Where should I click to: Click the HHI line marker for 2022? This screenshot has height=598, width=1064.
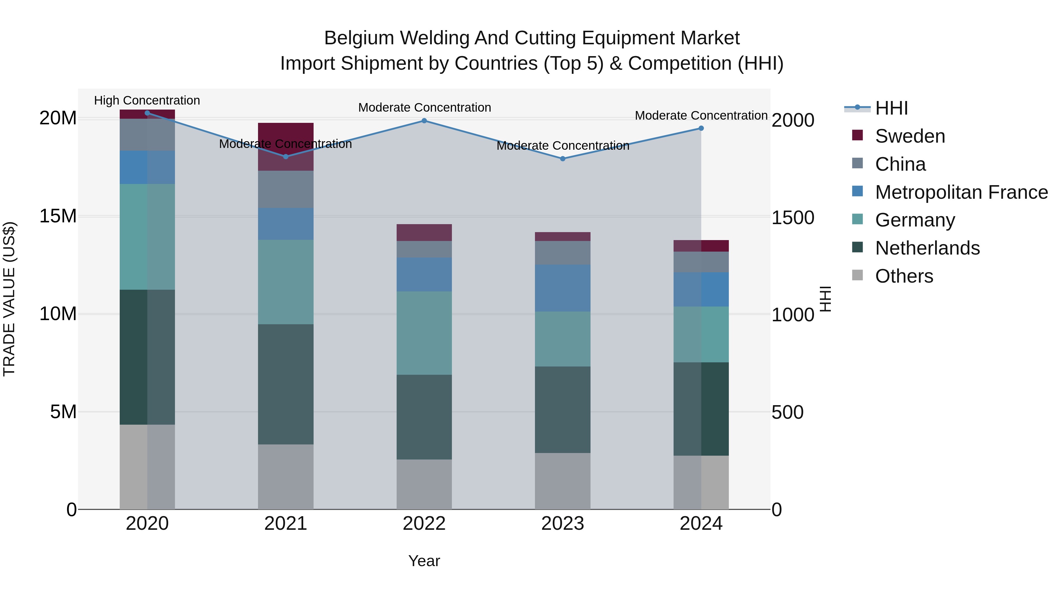tap(424, 121)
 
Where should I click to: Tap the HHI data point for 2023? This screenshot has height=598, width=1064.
tap(562, 159)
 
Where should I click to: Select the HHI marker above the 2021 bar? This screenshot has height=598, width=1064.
tap(286, 157)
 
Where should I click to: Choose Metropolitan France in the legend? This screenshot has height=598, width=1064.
tap(961, 192)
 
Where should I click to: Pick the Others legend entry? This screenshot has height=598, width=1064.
tap(904, 276)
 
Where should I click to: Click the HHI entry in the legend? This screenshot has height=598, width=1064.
tap(891, 108)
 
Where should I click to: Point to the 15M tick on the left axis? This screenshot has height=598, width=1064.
tap(58, 216)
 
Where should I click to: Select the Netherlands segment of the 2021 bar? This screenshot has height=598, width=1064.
tap(286, 384)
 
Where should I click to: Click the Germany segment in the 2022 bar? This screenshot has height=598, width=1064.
tap(424, 333)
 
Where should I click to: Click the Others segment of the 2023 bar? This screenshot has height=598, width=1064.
tap(562, 481)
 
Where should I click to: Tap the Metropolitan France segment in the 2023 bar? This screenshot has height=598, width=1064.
tap(562, 288)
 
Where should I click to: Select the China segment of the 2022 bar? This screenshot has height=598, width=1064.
tap(424, 249)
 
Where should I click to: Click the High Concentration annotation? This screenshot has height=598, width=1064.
tap(147, 101)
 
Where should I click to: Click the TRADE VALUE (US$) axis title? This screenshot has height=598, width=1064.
tap(9, 299)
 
